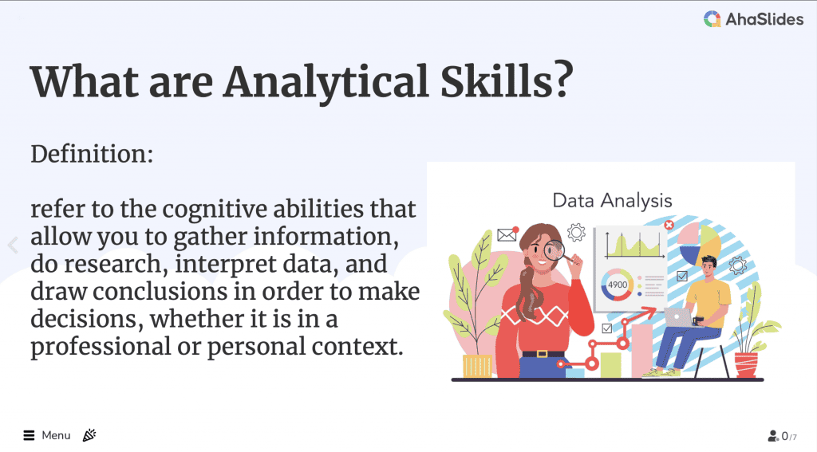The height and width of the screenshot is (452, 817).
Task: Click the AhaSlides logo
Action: click(x=753, y=19)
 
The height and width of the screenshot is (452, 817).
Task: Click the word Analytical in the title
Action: click(x=326, y=82)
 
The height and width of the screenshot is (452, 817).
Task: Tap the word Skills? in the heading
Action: click(x=507, y=81)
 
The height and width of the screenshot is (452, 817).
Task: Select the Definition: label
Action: click(x=93, y=154)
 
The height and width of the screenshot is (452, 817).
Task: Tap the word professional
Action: click(x=101, y=347)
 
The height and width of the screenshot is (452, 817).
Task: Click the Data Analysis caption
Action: click(x=612, y=201)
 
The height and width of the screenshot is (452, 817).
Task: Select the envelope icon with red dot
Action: click(x=507, y=234)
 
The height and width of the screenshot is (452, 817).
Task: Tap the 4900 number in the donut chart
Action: click(x=618, y=285)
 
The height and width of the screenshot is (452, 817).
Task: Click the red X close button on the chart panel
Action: click(x=669, y=225)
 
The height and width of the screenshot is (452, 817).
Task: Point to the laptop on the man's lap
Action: click(x=677, y=317)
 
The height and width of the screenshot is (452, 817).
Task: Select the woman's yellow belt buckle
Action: click(x=543, y=354)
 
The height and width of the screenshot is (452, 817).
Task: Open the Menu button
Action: click(x=47, y=435)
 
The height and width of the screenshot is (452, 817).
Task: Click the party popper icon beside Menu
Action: click(x=89, y=434)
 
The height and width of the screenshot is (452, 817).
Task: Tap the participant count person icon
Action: click(x=773, y=436)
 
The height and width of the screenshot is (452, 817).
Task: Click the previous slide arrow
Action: click(x=14, y=245)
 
